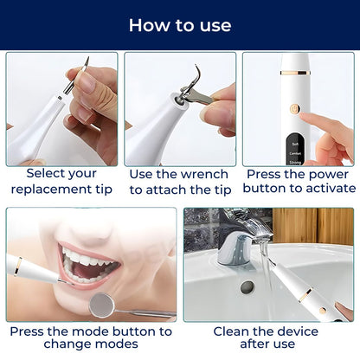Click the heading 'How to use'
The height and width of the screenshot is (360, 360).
(180, 25)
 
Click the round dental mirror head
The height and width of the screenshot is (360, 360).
(101, 302)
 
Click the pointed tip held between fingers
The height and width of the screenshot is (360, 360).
(84, 64)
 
